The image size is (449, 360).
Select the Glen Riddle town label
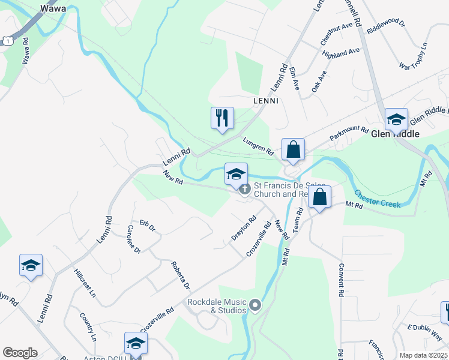pyautogui.click(x=394, y=134)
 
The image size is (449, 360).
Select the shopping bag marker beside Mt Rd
pyautogui.click(x=320, y=197)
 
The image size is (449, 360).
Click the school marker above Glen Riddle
pyautogui.click(x=396, y=119)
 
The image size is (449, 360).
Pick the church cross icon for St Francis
pyautogui.click(x=245, y=190)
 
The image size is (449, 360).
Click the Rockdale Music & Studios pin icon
pyautogui.click(x=255, y=306)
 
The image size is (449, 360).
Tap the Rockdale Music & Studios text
pyautogui.click(x=217, y=306)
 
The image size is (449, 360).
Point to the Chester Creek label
pyautogui.click(x=377, y=199)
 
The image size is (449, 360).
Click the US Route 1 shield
pyautogui.click(x=7, y=40)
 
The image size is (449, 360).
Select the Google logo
pyautogui.click(x=20, y=353)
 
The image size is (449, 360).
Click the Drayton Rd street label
pyautogui.click(x=244, y=229)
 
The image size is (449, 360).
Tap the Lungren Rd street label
pyautogui.click(x=258, y=145)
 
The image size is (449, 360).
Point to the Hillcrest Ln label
pyautogui.click(x=85, y=283)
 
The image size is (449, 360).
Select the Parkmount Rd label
pyautogui.click(x=349, y=133)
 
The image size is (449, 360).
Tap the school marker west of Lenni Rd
pyautogui.click(x=31, y=265)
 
